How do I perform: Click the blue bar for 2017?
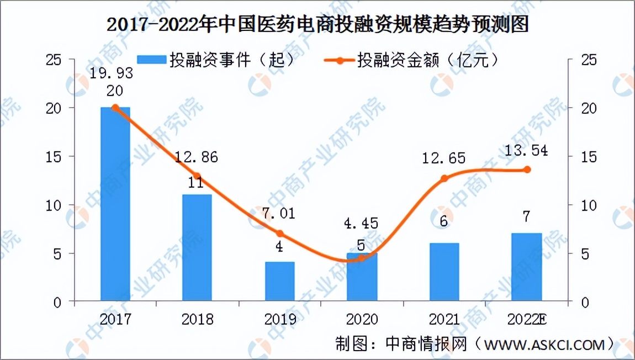point(115,204)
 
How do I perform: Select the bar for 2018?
point(197,248)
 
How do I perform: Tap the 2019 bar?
point(279,282)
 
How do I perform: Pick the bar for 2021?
point(444,272)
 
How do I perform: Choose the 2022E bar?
point(526,267)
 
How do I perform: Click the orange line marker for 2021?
point(444,178)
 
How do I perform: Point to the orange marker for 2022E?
point(527,170)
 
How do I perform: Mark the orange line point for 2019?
point(279,234)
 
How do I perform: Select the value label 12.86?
point(197,157)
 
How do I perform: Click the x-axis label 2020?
point(362,319)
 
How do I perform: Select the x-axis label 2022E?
point(528,319)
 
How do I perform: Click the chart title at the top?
point(317,25)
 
